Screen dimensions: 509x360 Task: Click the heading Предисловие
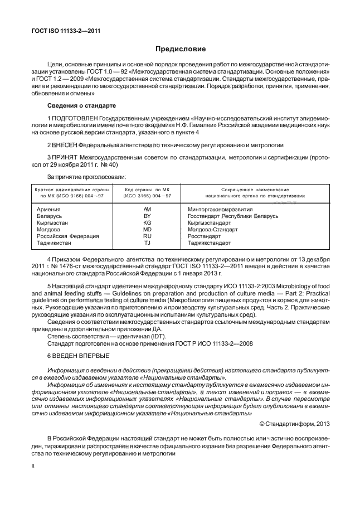click(180, 49)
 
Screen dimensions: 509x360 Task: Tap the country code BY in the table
click(148, 215)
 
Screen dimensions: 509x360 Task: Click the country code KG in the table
click(148, 222)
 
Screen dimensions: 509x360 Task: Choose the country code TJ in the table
click(148, 243)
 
